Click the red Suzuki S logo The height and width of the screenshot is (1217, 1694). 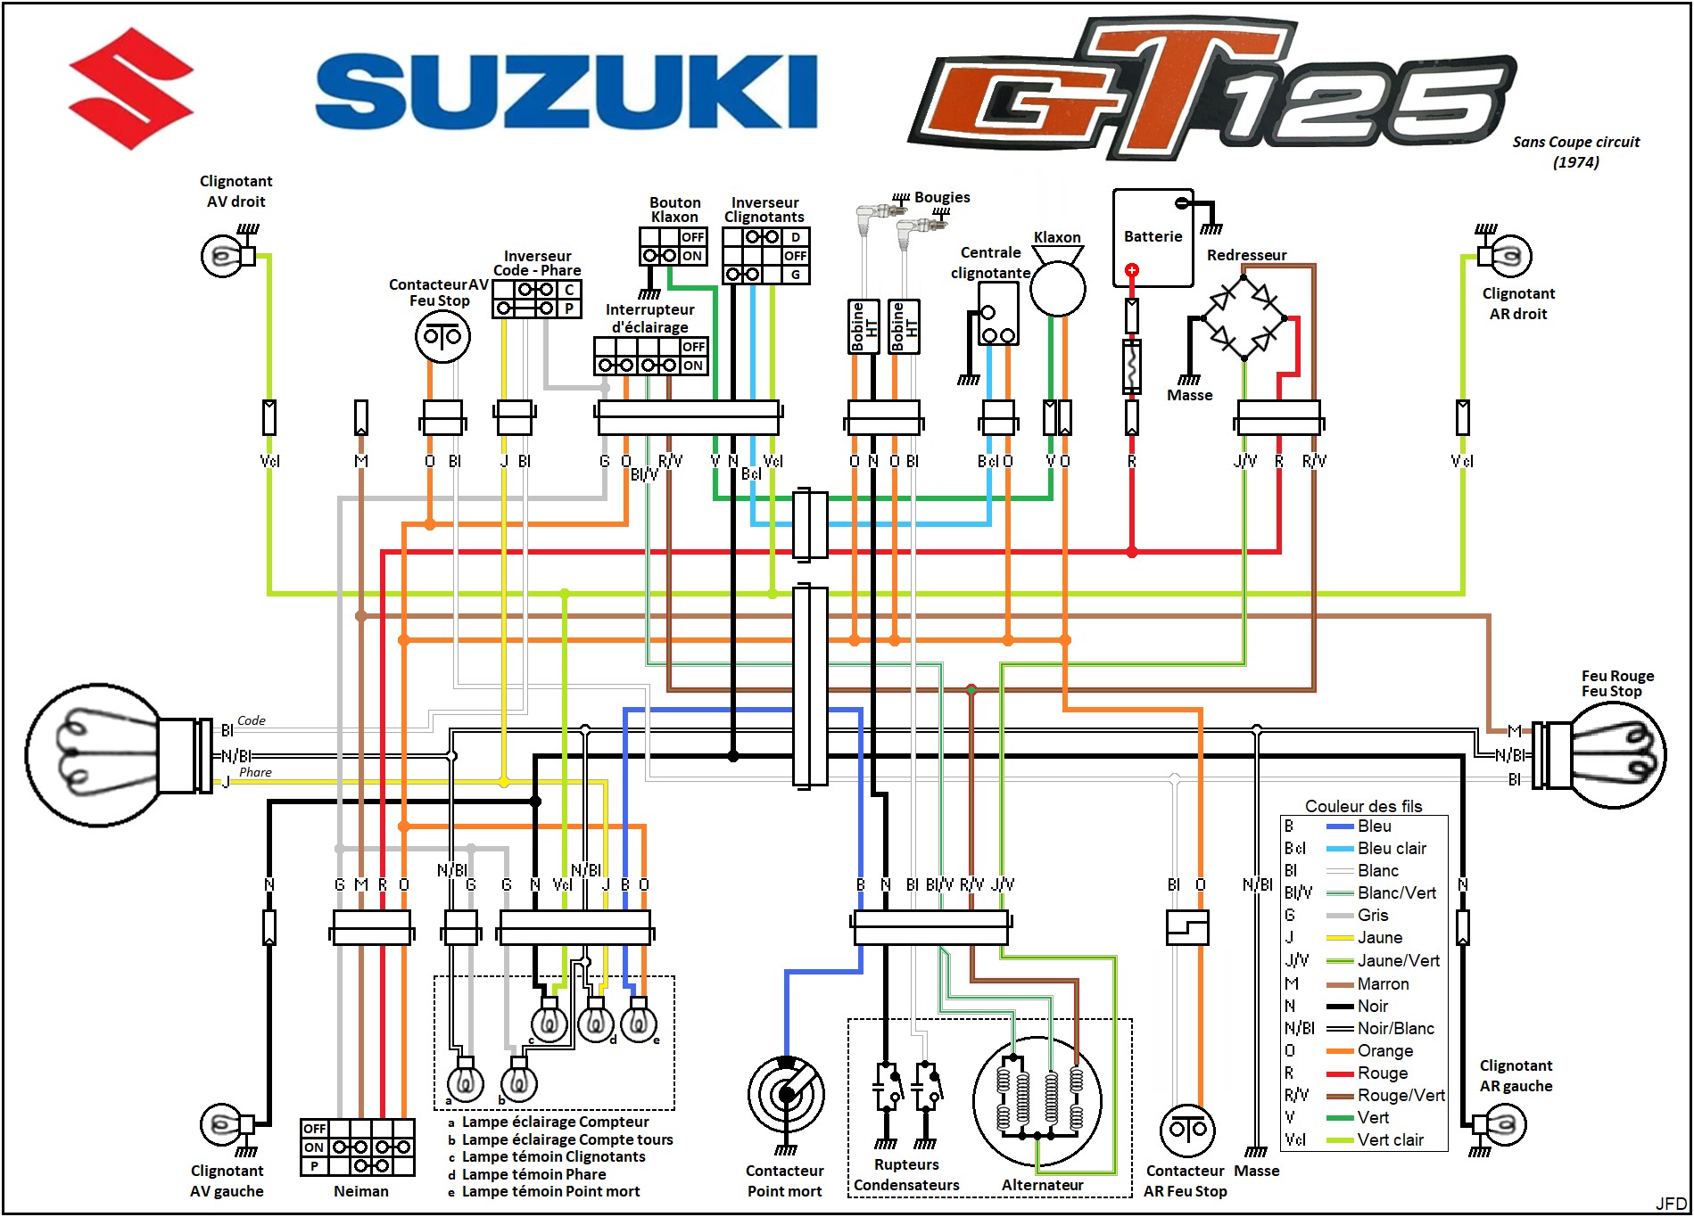coord(131,88)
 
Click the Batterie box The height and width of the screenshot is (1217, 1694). coord(1153,237)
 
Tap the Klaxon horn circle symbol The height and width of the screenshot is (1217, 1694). coord(1058,289)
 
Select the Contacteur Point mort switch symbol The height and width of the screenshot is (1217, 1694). coord(786,1094)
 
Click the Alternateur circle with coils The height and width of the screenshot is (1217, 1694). coord(1037,1099)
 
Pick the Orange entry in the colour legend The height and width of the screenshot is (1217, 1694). coord(1384,1051)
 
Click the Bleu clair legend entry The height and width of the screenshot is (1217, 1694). coord(1391,849)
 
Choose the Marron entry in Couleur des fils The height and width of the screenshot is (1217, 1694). coord(1383,984)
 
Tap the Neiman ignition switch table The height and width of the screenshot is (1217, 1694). coord(358,1147)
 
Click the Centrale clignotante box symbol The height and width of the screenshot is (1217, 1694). coord(998,314)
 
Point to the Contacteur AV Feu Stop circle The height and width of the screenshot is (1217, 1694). coord(442,336)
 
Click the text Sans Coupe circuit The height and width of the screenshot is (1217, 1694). coord(1575,142)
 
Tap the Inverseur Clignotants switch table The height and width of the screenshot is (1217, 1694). coord(765,256)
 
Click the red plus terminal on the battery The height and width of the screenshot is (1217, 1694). coord(1131,270)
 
